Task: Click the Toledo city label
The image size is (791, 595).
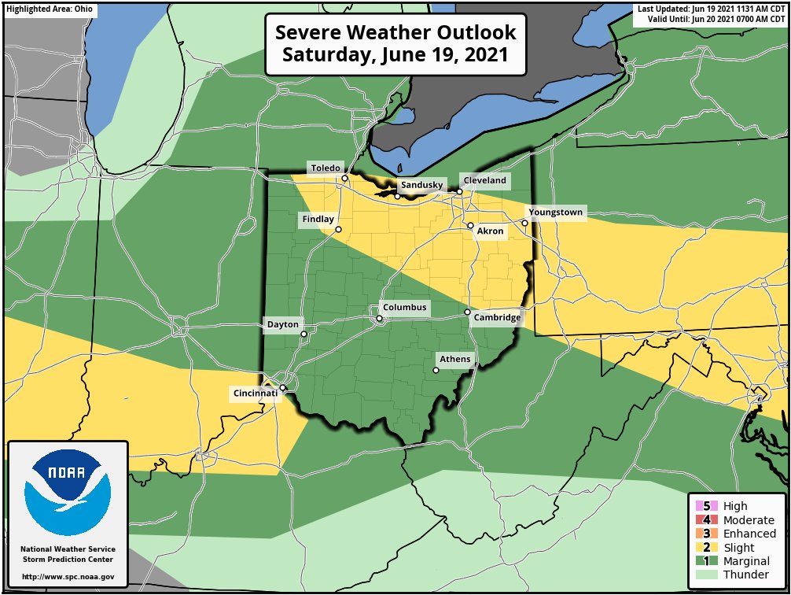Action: coord(325,168)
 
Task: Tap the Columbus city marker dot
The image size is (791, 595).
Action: coord(379,319)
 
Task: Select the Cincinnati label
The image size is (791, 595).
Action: coord(255,393)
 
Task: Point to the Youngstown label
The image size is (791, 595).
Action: coord(555,213)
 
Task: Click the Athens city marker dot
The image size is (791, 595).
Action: coord(436,370)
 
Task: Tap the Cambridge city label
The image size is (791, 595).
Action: coord(497,317)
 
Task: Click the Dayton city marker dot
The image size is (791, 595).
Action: coord(304,334)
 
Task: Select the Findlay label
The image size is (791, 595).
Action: coord(317,219)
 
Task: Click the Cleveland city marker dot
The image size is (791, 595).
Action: coord(459,191)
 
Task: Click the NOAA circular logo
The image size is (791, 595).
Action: coord(67,493)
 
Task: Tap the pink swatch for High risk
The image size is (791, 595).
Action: coord(705,506)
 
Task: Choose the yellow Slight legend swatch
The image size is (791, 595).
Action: coord(705,548)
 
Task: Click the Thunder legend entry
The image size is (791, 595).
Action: coord(738,575)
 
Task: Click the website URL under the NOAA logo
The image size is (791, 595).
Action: coord(68,577)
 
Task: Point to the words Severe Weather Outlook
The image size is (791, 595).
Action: coord(395,33)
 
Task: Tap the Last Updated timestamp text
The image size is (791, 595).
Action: coord(711,9)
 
